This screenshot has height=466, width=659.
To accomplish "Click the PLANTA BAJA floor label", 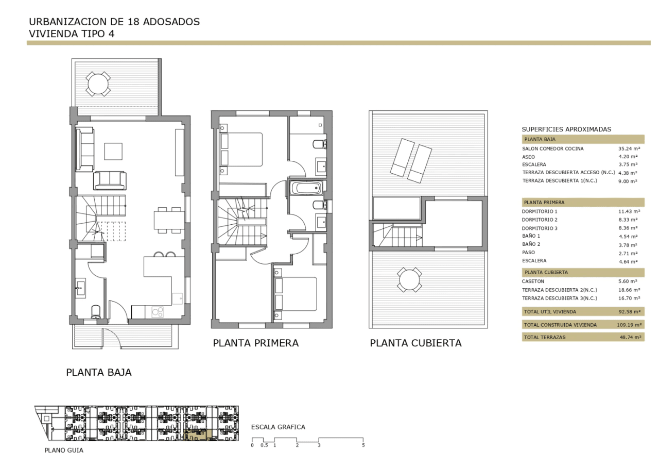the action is [99, 372].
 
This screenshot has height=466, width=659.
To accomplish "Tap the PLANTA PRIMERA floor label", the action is [256, 343].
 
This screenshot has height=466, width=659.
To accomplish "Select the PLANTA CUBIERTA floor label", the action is [415, 343].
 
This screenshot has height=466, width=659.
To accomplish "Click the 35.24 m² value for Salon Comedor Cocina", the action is [629, 149].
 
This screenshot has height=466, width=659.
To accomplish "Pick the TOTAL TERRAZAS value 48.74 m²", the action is [631, 337].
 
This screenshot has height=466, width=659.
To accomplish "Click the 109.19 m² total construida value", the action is [629, 325].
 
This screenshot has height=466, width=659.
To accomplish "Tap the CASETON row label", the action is [533, 281].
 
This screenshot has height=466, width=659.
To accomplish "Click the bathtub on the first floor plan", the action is [306, 188].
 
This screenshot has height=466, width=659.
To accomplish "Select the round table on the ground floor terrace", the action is [98, 84].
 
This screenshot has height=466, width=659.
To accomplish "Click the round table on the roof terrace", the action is [409, 280].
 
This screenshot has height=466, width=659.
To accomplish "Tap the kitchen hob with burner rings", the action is [158, 312].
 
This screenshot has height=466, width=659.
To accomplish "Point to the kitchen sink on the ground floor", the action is [178, 298].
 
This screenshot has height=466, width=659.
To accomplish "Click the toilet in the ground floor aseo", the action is [96, 312].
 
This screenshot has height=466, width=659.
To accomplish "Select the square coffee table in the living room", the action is [113, 152].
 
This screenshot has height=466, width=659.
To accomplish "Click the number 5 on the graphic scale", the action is [363, 445].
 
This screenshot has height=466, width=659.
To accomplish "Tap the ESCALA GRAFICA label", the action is [278, 427].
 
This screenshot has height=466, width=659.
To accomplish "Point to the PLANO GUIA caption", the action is [64, 451].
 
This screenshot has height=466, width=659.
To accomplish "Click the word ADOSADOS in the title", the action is [171, 22].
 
